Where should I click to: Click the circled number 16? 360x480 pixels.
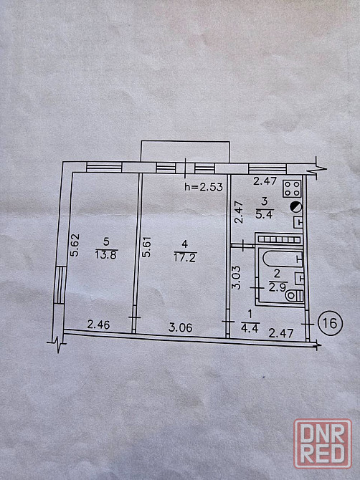pyautogui.click(x=330, y=323)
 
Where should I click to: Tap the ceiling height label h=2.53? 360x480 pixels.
pyautogui.click(x=204, y=187)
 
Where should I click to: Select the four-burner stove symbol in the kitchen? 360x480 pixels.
pyautogui.click(x=292, y=188)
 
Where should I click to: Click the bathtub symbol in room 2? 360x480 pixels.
pyautogui.click(x=282, y=259)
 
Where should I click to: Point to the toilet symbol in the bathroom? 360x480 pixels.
pyautogui.click(x=294, y=296)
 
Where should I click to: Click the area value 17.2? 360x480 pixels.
pyautogui.click(x=185, y=257)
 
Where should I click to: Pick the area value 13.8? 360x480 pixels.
pyautogui.click(x=105, y=255)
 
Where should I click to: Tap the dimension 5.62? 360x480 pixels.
pyautogui.click(x=75, y=245)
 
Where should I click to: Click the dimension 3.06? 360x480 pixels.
pyautogui.click(x=181, y=328)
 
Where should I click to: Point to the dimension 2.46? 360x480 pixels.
pyautogui.click(x=98, y=325)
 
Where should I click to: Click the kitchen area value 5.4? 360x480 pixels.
pyautogui.click(x=264, y=214)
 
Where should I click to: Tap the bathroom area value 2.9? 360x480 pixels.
pyautogui.click(x=278, y=287)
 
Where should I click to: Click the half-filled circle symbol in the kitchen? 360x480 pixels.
pyautogui.click(x=296, y=207)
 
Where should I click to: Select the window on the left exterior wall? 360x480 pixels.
pyautogui.click(x=60, y=284)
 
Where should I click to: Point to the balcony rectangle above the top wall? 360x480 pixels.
pyautogui.click(x=185, y=152)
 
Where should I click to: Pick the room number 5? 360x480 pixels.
pyautogui.click(x=106, y=242)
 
